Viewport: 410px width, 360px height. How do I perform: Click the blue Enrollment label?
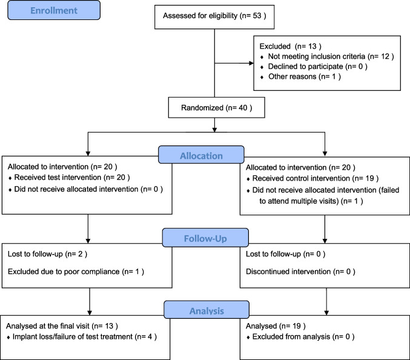point(54,10)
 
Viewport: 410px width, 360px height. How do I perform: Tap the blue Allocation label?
point(201,155)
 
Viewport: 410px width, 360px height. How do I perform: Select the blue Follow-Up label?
point(205,238)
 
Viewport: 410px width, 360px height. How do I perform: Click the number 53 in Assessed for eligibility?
point(257,16)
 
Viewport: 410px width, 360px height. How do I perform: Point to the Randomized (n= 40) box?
point(216,107)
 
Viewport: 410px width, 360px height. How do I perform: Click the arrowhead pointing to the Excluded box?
point(251,63)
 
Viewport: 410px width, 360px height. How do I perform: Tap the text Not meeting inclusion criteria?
point(316,56)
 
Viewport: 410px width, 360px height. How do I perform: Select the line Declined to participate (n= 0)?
point(318,67)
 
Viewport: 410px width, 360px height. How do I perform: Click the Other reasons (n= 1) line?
point(305,76)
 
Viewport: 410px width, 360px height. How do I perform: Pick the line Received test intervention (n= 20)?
point(72,178)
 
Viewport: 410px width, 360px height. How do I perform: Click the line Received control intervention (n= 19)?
point(316,178)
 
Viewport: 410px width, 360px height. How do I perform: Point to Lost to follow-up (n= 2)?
point(47,254)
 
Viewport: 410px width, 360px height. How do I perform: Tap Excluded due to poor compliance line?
point(76,272)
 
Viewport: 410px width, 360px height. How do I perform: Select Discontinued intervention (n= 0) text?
point(300,272)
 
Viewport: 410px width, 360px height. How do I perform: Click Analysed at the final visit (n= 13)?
point(62,326)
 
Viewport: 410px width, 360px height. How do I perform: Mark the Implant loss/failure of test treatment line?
point(84,337)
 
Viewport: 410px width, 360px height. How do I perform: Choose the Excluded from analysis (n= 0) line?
point(303,337)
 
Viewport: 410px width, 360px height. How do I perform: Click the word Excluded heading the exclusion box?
point(275,46)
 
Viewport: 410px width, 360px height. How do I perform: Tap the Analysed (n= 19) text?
point(276,326)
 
